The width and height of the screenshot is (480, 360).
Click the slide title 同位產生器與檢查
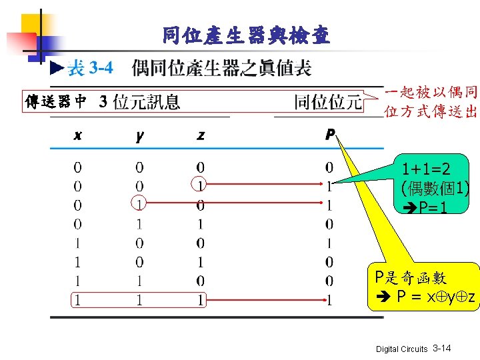[x=246, y=35]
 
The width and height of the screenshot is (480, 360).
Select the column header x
[x=78, y=135]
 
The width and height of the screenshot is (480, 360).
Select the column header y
[x=139, y=135]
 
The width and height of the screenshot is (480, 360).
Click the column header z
[x=201, y=135]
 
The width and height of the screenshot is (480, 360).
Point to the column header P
[x=329, y=135]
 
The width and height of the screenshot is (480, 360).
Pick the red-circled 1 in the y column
[x=139, y=201]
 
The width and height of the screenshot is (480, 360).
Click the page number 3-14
[x=442, y=349]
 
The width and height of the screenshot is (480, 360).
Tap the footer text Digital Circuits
[x=402, y=349]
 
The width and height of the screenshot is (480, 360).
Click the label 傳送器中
[x=56, y=102]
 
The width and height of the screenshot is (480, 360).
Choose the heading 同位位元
[x=328, y=102]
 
